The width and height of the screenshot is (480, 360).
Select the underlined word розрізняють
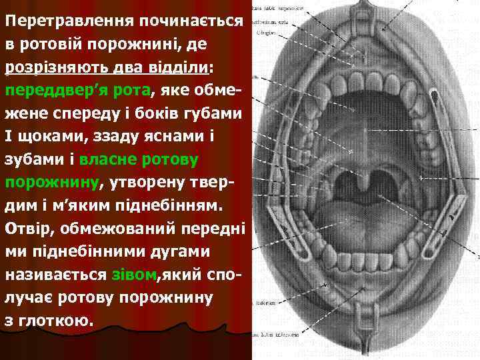[61, 67]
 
